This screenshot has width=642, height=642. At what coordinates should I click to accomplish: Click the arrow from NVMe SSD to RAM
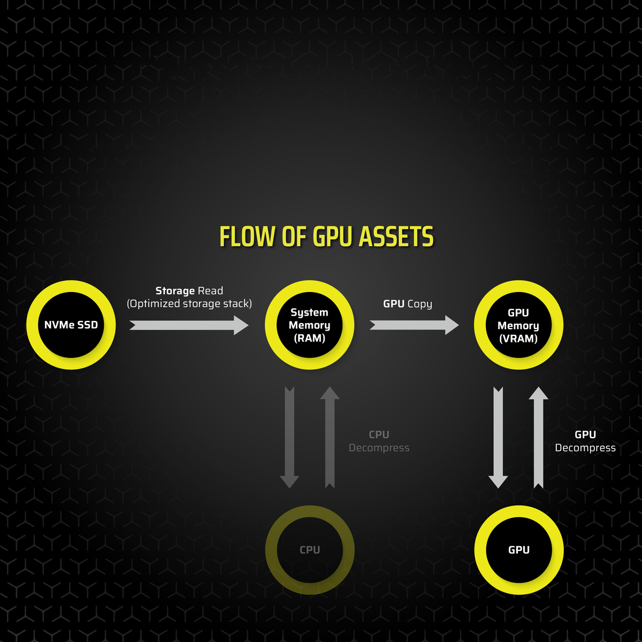coord(189,325)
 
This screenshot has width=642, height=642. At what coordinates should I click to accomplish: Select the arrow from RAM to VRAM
coord(414,325)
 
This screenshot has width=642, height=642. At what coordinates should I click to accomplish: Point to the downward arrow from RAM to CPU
coord(289,438)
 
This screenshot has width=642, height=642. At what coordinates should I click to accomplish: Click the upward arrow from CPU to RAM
coord(330,438)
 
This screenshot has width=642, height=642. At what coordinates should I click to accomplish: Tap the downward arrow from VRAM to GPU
coord(498,438)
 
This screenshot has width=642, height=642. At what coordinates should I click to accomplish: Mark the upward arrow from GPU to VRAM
coord(538,438)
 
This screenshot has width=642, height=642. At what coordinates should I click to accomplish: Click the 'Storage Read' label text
coord(189,291)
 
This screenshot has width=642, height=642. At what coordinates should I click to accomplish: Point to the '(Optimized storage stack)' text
coord(189,303)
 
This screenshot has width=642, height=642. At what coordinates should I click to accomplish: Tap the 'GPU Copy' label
coord(408,304)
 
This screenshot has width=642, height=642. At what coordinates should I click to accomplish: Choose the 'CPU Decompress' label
coord(379,441)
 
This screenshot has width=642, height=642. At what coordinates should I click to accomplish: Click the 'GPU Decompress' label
coord(585,441)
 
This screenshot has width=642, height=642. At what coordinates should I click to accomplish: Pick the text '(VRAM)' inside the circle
coord(518,339)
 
